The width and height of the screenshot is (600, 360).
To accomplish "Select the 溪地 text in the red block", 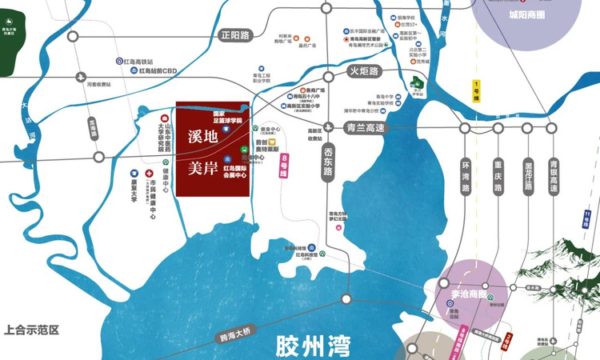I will click(202, 136).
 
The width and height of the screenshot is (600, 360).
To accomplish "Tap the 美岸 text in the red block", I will click(202, 169).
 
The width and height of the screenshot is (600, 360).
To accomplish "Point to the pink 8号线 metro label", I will click(284, 166).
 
